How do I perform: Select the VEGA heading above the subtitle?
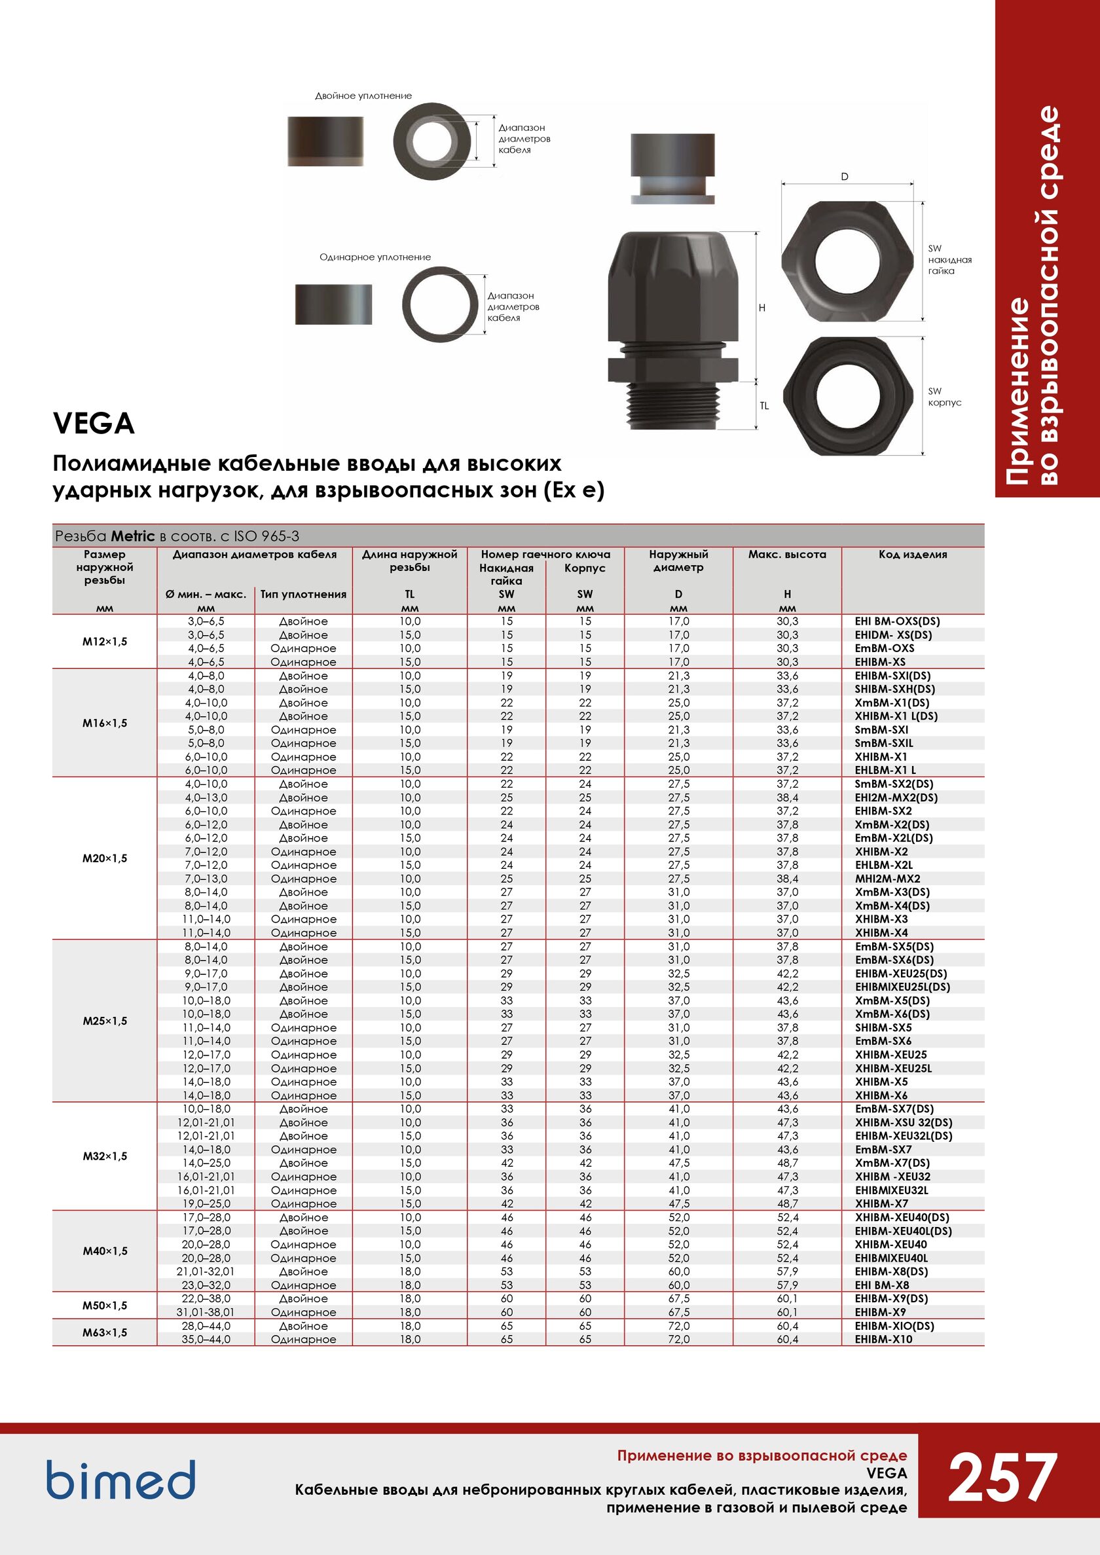point(94,424)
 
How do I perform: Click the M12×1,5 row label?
point(104,642)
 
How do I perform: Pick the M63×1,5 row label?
point(104,1332)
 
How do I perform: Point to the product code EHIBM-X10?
point(883,1339)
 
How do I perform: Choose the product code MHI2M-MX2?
point(887,879)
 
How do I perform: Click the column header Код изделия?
point(912,554)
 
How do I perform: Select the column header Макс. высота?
point(787,554)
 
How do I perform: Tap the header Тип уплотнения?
point(303,594)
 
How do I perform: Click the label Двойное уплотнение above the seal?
point(363,96)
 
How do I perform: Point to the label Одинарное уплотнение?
point(375,257)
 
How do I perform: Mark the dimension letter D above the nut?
point(845,177)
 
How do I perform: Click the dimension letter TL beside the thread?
point(764,406)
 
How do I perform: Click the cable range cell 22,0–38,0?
point(206,1298)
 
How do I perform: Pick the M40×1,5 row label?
point(104,1251)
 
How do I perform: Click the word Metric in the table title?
point(133,536)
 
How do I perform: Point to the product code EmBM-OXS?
point(884,648)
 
